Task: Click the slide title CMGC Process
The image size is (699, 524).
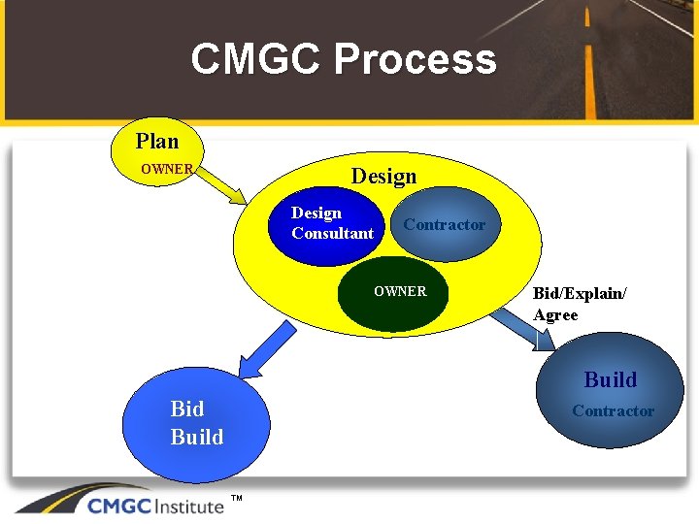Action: [344, 59]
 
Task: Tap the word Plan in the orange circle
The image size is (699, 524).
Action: [157, 142]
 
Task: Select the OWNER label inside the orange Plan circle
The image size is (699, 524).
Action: [167, 169]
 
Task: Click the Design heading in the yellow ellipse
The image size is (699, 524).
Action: [383, 177]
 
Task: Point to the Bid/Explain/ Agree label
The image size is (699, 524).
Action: [580, 304]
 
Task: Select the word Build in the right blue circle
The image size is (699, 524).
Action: [610, 379]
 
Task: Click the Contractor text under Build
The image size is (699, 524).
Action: [613, 411]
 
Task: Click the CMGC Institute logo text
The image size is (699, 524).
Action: [155, 505]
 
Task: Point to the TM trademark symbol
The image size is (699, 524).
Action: [236, 499]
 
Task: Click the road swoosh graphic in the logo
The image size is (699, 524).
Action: [49, 500]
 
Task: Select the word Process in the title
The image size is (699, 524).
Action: [416, 59]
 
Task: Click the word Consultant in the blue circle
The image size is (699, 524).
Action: [332, 234]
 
